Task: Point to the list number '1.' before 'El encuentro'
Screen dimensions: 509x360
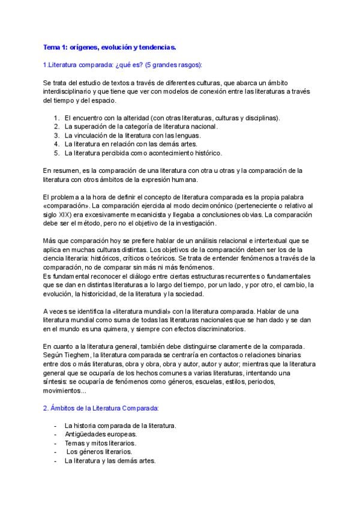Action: click(56, 118)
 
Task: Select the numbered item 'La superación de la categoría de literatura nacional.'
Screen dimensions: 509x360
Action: click(141, 127)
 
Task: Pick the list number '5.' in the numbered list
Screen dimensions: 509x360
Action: click(56, 153)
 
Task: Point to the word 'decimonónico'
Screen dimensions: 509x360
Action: click(188, 206)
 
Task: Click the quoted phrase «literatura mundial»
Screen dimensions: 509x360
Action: click(131, 312)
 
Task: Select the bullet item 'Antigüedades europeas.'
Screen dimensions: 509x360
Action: click(101, 434)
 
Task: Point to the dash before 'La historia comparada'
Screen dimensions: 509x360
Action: click(55, 426)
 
